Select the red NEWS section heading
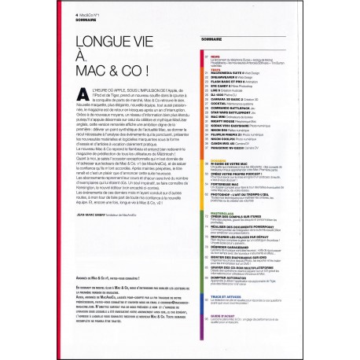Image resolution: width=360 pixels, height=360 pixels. coord(212,57)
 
